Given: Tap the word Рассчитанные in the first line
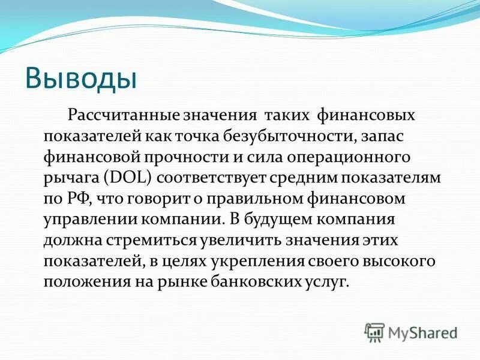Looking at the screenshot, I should (142, 114).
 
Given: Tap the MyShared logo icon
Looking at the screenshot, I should (374, 331).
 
